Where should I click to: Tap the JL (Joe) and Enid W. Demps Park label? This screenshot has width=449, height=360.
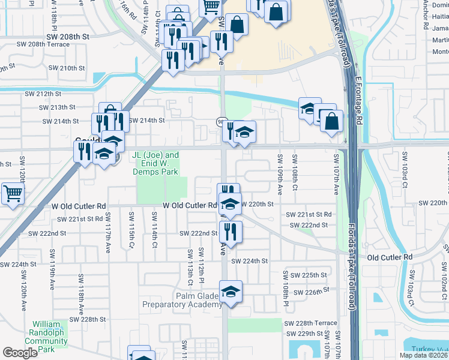point(155,163)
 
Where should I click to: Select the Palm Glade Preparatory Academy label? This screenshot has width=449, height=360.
point(182,300)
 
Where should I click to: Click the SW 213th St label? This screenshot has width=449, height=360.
point(58,107)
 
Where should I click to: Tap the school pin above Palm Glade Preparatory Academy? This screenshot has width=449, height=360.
point(231,292)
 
